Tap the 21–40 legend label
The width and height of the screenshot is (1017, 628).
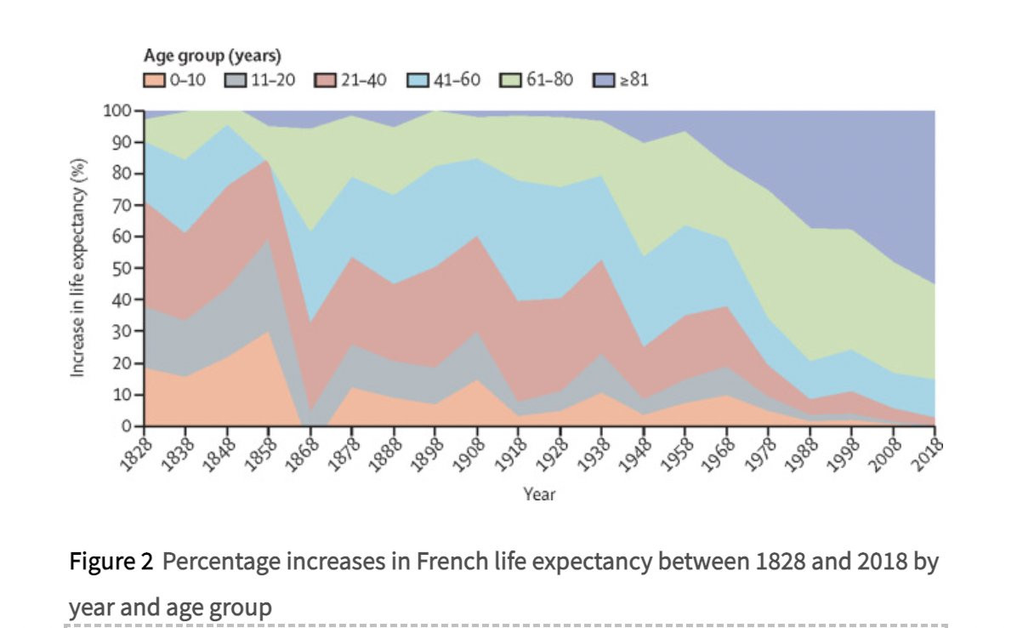[x=364, y=81]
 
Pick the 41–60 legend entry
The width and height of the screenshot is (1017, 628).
[x=456, y=81]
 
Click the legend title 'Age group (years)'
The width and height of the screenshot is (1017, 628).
[x=211, y=56]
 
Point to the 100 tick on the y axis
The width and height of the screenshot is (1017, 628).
[x=120, y=111]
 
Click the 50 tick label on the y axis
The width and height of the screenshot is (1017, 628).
[x=124, y=268]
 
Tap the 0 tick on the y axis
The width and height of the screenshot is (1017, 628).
[x=128, y=425]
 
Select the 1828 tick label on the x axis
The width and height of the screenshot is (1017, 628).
[x=131, y=450]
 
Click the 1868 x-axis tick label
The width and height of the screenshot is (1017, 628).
[x=298, y=450]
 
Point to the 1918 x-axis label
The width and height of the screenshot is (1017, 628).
[x=507, y=450]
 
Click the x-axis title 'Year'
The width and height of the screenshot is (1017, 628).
[x=539, y=494]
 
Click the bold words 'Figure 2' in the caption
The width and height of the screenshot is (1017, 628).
[x=111, y=562]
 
